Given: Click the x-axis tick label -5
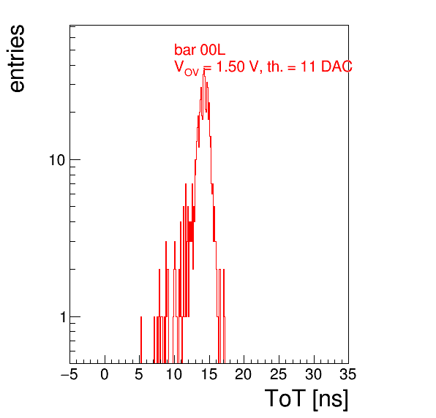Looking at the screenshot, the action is pyautogui.click(x=69, y=374).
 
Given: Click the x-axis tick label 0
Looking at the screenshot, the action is pyautogui.click(x=105, y=374).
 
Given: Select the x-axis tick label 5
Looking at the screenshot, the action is pyautogui.click(x=139, y=374).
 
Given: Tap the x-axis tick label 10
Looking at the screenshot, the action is pyautogui.click(x=174, y=374).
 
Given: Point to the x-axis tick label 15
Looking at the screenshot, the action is pyautogui.click(x=209, y=374).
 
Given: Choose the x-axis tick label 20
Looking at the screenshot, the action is pyautogui.click(x=244, y=374).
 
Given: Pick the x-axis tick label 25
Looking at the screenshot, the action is pyautogui.click(x=278, y=374).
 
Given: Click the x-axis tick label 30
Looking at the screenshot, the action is pyautogui.click(x=314, y=374).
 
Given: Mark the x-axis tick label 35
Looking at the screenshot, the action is pyautogui.click(x=348, y=374).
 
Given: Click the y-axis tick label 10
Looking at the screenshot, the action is pyautogui.click(x=57, y=160).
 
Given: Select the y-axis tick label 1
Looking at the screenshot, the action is pyautogui.click(x=63, y=317).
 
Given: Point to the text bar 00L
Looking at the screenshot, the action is pyautogui.click(x=200, y=50).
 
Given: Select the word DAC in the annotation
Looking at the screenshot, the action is pyautogui.click(x=337, y=66).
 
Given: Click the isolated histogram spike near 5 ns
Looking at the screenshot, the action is pyautogui.click(x=141, y=340).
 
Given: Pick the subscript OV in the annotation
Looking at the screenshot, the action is pyautogui.click(x=192, y=72).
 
